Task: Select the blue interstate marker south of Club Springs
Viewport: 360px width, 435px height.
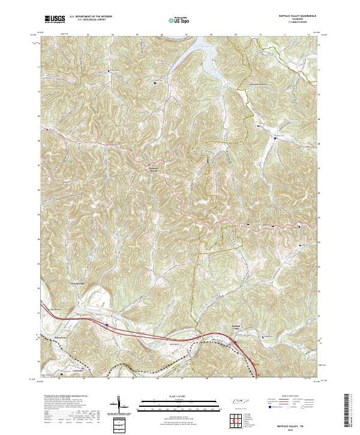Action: click(x=106, y=326)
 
